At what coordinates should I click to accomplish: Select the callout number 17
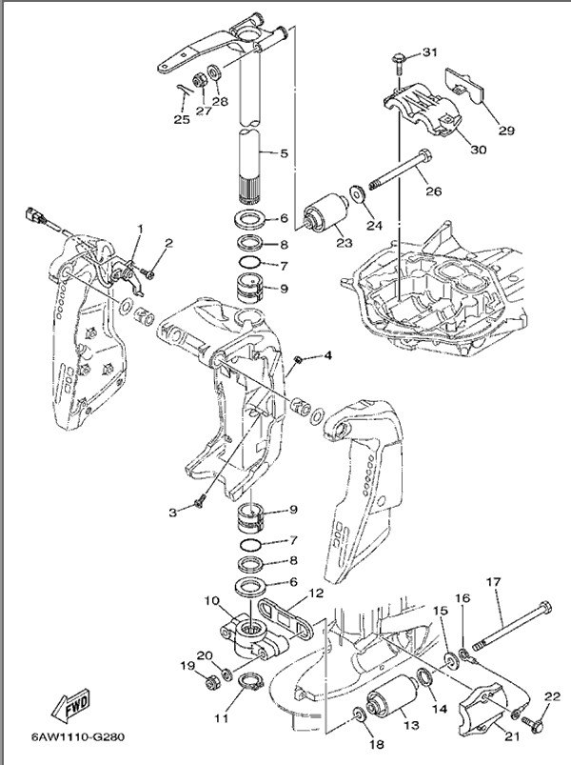tap(493, 582)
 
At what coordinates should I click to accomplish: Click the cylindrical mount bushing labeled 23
tap(324, 214)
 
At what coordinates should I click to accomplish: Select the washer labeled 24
tap(357, 193)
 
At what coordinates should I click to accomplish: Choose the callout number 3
tap(174, 513)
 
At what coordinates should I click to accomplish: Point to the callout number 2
tap(167, 243)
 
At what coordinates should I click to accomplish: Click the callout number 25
tap(181, 120)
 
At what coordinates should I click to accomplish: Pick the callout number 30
tap(478, 149)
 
